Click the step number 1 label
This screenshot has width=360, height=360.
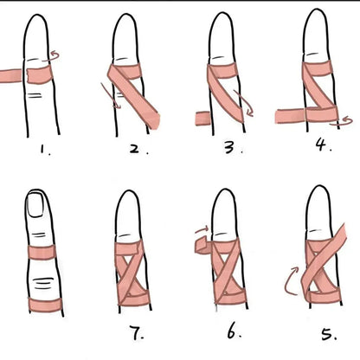pos(45,150)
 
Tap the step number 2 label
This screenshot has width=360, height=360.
pos(138,149)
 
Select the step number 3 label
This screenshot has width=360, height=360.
pos(233,148)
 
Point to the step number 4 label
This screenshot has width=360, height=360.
pos(323,145)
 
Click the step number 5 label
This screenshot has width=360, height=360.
pos(329,335)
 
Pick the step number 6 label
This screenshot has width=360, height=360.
pos(234,332)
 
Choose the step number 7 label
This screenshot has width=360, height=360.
pos(136,333)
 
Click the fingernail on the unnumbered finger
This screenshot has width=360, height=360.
pos(35,204)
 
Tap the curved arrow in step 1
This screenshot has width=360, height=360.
pos(52,56)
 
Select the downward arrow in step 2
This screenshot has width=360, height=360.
pos(111,96)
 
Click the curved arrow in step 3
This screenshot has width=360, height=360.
pos(245,104)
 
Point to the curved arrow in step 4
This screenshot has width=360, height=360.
pos(341,121)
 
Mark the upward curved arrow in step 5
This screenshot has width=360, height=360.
pos(288,281)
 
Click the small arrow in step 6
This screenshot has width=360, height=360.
pos(202,229)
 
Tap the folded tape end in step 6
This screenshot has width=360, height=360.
pos(203,245)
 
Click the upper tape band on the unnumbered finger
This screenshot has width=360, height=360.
pos(42,252)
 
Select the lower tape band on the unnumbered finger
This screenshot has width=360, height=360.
pos(45,305)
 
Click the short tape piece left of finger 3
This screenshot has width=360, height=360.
pos(203,119)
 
